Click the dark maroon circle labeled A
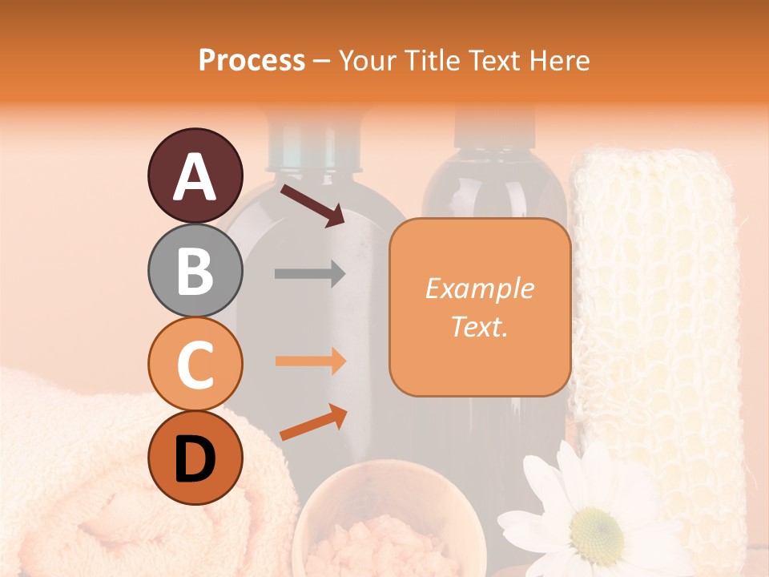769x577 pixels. coord(195,176)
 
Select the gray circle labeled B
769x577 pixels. coord(195,270)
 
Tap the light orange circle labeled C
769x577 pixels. coord(195,364)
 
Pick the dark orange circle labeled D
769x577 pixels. coord(195,458)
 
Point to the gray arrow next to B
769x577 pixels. coord(310,274)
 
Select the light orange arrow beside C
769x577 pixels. coord(310,361)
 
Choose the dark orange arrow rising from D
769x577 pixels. coord(313,423)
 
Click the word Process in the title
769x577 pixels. coord(252,60)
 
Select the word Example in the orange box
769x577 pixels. coord(479,288)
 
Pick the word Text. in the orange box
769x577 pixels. coord(479,326)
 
